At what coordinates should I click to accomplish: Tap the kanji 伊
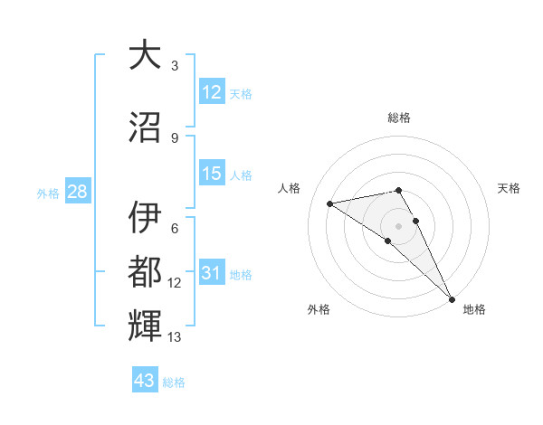pyautogui.click(x=145, y=218)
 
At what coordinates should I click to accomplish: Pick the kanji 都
pyautogui.click(x=145, y=272)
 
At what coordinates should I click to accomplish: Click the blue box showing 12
pyautogui.click(x=212, y=92)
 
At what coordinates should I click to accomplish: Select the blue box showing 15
pyautogui.click(x=212, y=174)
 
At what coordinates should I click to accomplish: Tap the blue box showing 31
pyautogui.click(x=212, y=273)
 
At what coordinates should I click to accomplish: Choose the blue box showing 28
pyautogui.click(x=76, y=192)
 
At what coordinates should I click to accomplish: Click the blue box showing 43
pyautogui.click(x=144, y=381)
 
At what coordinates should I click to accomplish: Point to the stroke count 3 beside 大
pyautogui.click(x=175, y=66)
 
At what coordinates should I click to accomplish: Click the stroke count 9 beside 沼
pyautogui.click(x=175, y=137)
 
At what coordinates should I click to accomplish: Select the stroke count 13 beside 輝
pyautogui.click(x=175, y=337)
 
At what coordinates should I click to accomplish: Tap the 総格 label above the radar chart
pyautogui.click(x=399, y=118)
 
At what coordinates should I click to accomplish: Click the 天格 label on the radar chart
pyautogui.click(x=509, y=188)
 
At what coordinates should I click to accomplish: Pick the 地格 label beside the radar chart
pyautogui.click(x=474, y=309)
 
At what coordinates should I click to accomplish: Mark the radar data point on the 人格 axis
pyautogui.click(x=330, y=203)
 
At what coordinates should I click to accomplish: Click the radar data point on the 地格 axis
pyautogui.click(x=451, y=298)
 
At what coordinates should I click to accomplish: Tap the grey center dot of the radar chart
pyautogui.click(x=399, y=225)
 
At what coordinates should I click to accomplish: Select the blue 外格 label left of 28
pyautogui.click(x=48, y=193)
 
